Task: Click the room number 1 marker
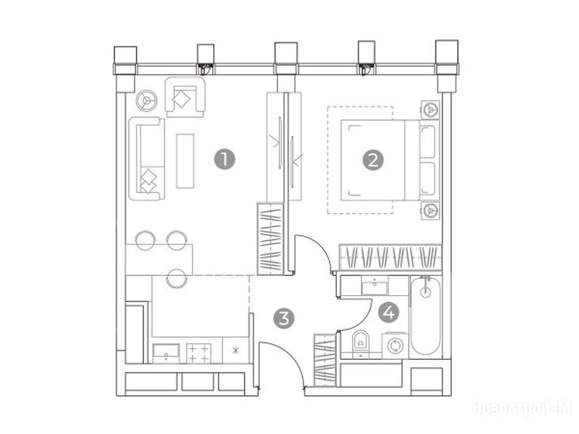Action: [x=224, y=159]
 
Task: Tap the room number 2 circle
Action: [x=373, y=160]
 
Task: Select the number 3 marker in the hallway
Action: [x=284, y=318]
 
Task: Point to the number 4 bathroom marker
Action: [x=389, y=313]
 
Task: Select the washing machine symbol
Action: [x=395, y=346]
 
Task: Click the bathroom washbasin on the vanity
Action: [x=375, y=286]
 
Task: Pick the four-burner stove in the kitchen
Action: [x=198, y=354]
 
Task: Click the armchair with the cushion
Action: [x=185, y=97]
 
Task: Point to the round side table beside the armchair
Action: [x=146, y=101]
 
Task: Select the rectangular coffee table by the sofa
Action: [x=185, y=161]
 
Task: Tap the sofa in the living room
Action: [x=146, y=159]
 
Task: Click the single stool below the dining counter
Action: [x=176, y=279]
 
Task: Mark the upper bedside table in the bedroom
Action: [x=430, y=110]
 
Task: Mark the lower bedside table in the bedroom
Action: [x=430, y=210]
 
